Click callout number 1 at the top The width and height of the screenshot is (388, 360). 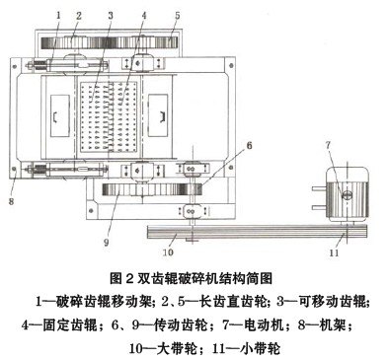click(58, 15)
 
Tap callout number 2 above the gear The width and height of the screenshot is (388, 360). click(78, 16)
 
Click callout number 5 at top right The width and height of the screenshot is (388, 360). click(178, 16)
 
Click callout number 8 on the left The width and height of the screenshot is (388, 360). click(11, 176)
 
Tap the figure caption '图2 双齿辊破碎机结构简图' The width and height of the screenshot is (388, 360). click(194, 277)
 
